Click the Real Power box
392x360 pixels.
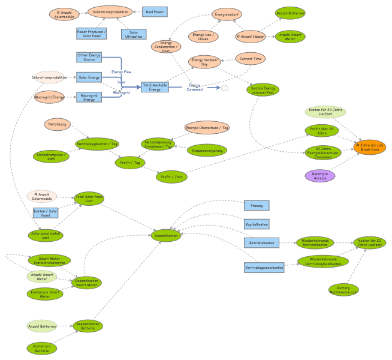point(155,11)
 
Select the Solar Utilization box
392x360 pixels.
point(133,34)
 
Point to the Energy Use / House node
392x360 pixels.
point(203,37)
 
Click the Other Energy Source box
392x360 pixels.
point(89,57)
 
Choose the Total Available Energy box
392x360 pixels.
point(155,87)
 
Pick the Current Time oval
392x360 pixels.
point(250,58)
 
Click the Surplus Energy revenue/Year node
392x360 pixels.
point(263,89)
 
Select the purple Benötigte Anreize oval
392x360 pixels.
point(320,176)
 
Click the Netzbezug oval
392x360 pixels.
point(58,124)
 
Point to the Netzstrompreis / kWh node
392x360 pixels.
point(51,157)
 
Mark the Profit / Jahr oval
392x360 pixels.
point(171,176)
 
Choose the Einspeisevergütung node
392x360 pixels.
point(207,150)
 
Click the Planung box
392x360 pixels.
point(257,205)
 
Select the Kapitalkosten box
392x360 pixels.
point(257,224)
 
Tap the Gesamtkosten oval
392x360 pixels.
point(166,236)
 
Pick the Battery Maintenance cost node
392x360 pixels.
point(343,290)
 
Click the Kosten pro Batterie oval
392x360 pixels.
point(42,348)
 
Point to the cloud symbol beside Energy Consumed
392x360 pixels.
point(225,88)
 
